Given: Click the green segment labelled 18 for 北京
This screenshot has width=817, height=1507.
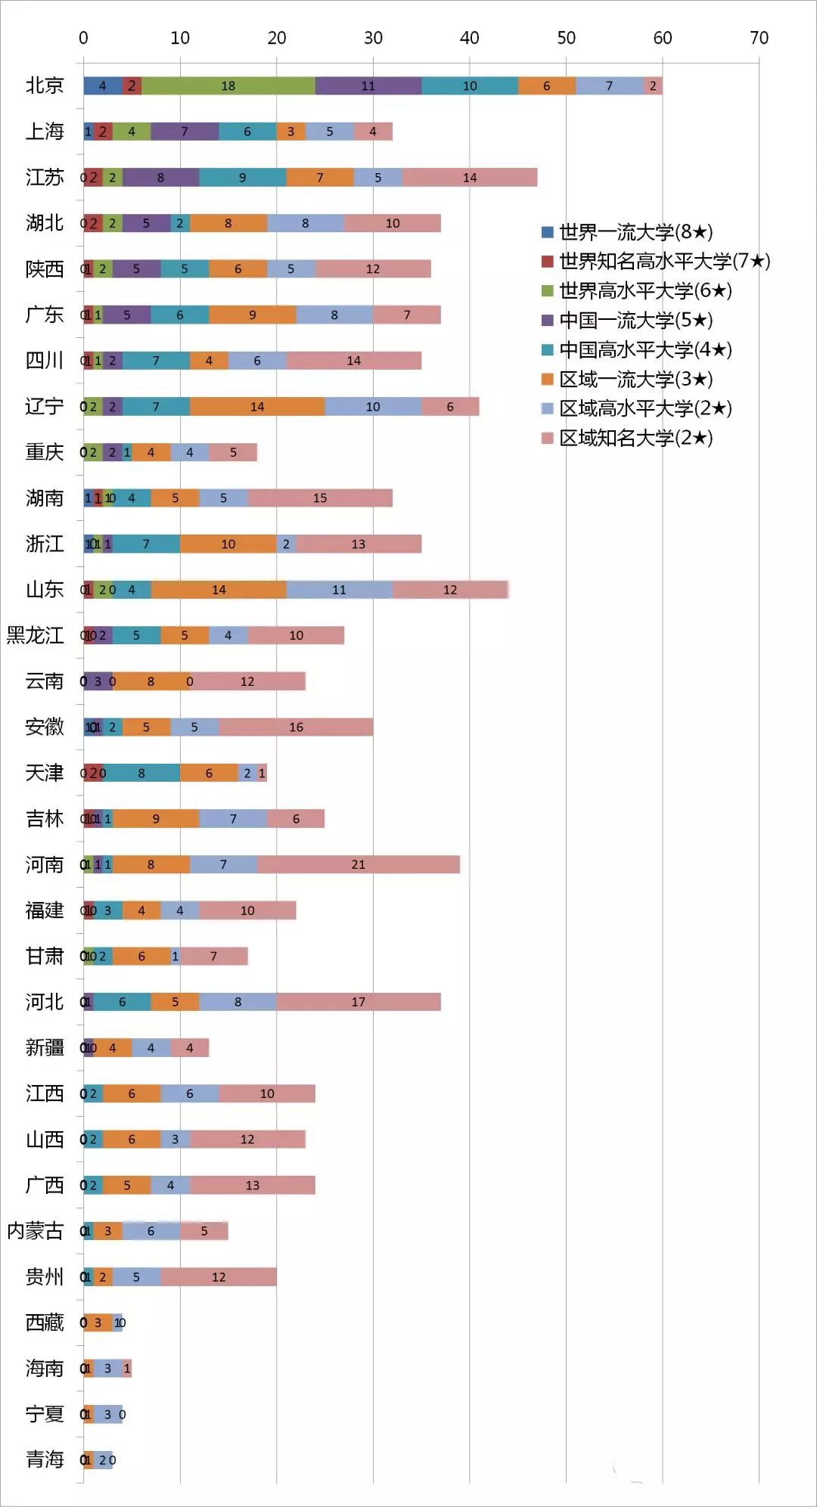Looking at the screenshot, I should point(228,86).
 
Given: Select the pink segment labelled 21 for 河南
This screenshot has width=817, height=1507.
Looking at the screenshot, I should point(358,864).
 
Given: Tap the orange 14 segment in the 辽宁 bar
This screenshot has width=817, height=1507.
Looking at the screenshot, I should point(257,407).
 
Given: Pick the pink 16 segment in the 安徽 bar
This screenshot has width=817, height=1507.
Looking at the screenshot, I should point(296,727).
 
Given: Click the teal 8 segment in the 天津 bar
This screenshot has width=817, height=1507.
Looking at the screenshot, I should point(141,774).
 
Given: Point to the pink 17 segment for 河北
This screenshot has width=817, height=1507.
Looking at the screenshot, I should point(358,1002).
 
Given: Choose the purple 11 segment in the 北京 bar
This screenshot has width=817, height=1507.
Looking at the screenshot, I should point(368,86).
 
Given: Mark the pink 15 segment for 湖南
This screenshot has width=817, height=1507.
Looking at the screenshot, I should point(320,498).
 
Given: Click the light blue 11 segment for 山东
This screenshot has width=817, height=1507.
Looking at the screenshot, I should point(339,590).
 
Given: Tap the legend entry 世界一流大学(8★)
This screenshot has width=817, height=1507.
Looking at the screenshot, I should point(635,232).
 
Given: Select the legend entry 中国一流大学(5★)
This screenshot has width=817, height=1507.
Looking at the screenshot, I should point(635,321).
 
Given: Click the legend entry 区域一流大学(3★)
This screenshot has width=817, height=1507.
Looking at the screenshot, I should point(635,380).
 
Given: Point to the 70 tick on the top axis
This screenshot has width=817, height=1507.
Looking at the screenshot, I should point(759,38).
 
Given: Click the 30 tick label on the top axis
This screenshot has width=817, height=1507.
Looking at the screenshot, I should point(373,38).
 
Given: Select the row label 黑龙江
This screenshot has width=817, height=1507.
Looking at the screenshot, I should point(35,635).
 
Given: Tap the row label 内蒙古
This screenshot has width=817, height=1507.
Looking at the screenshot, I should point(35,1231).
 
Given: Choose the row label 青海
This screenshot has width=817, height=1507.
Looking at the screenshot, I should point(45,1459).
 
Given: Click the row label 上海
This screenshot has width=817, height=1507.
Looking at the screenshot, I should point(45,132).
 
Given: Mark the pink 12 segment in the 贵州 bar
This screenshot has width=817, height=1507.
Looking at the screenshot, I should point(219,1277).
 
